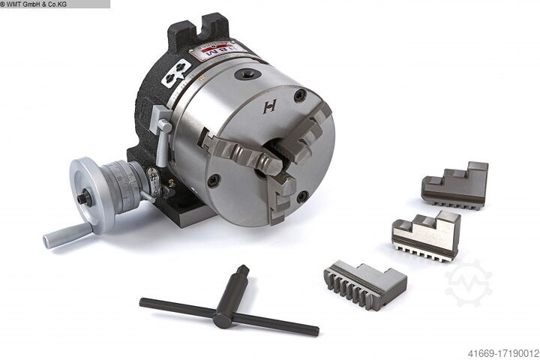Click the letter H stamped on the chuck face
click(270, 106)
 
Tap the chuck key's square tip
click(241, 271)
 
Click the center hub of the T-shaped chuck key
click(223, 318)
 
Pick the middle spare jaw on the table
click(426, 235)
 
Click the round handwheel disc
click(88, 193)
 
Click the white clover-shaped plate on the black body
click(175, 73)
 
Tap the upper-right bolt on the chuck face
click(300, 95)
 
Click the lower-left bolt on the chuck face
click(214, 181)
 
